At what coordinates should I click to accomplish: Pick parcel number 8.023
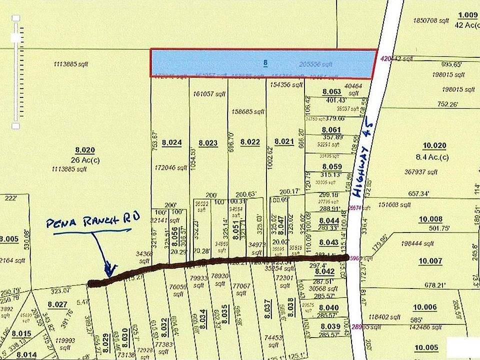(208, 143)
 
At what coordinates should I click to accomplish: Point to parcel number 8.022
(250, 142)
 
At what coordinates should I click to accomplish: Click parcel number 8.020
(85, 149)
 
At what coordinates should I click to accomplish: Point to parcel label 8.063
(331, 92)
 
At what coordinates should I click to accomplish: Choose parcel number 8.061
(331, 130)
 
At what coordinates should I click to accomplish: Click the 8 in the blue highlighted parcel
(265, 63)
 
